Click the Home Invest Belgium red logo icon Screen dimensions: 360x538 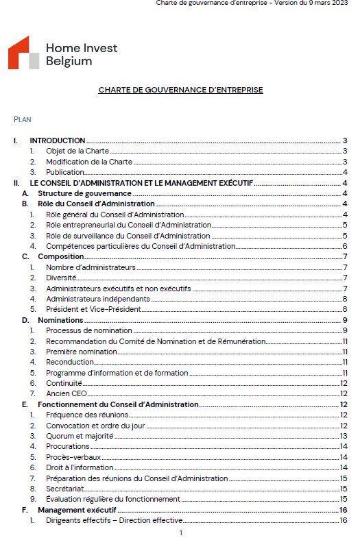pyautogui.click(x=23, y=53)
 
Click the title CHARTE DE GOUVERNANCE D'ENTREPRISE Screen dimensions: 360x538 pyautogui.click(x=180, y=90)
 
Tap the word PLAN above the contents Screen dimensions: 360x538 pyautogui.click(x=22, y=119)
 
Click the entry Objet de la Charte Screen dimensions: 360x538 pyautogui.click(x=77, y=151)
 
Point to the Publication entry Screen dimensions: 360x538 pyautogui.click(x=65, y=172)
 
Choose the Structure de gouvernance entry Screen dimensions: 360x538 pyautogui.click(x=75, y=193)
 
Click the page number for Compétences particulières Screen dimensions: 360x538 pyautogui.click(x=344, y=246)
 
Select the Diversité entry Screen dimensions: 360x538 pyautogui.click(x=61, y=278)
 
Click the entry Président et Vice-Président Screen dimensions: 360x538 pyautogui.click(x=93, y=309)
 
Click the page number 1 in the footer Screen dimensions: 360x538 pyautogui.click(x=180, y=533)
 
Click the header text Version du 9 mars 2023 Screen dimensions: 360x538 pyautogui.click(x=315, y=3)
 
